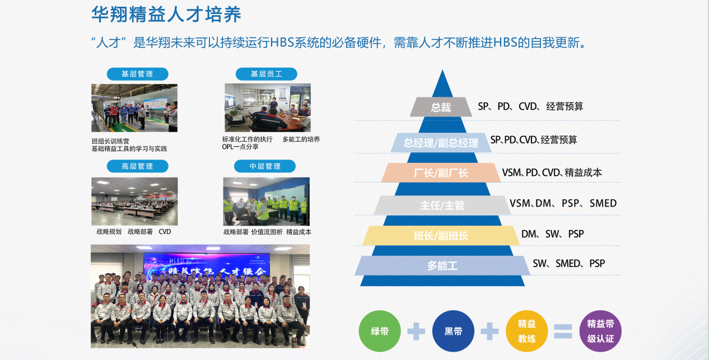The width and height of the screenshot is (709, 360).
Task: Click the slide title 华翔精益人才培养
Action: tap(166, 15)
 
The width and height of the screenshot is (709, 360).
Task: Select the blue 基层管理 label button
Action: tap(137, 74)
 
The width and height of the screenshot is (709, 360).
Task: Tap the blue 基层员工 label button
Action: tap(266, 74)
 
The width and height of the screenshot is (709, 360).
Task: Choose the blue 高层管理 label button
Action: tap(137, 166)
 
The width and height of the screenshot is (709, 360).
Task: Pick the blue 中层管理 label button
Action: tap(265, 166)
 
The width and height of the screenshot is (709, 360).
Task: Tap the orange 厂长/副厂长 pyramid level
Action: tap(441, 173)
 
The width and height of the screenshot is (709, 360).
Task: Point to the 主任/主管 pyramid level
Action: tap(442, 205)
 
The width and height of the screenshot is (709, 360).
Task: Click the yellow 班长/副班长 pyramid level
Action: tap(441, 236)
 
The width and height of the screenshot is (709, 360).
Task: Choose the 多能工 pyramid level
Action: tap(442, 266)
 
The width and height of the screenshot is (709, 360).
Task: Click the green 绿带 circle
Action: tap(380, 331)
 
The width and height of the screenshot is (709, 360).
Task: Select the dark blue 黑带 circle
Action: tap(453, 331)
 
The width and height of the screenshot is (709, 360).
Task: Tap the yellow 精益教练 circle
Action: tap(526, 331)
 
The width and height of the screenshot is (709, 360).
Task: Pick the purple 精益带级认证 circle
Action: tap(600, 331)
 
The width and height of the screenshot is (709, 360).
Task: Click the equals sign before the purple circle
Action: tap(563, 331)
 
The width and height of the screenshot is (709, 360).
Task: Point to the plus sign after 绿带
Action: tap(416, 331)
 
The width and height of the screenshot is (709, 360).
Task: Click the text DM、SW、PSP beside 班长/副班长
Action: tap(552, 234)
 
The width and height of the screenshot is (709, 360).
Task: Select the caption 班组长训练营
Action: tap(110, 141)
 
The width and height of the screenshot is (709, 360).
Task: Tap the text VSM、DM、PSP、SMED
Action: tap(563, 203)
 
